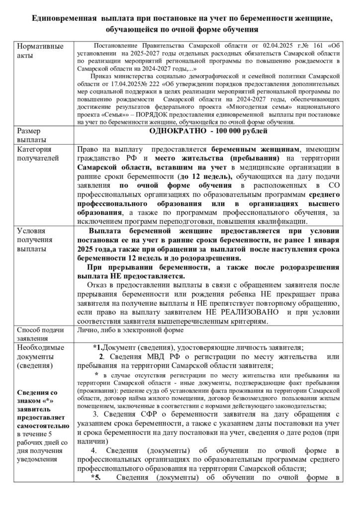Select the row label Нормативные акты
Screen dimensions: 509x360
(x=40, y=51)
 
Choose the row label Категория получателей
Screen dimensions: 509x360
(x=40, y=154)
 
